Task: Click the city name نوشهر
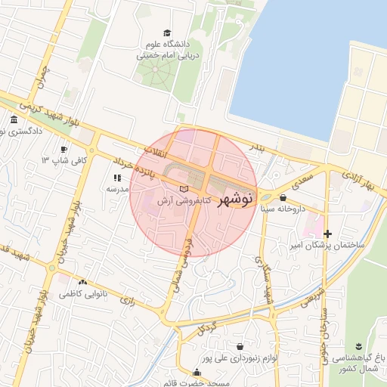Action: (x=234, y=200)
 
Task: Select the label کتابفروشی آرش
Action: (x=183, y=202)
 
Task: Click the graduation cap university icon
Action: (x=167, y=32)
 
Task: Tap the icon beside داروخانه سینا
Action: (x=283, y=197)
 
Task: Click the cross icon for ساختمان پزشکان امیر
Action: (x=327, y=234)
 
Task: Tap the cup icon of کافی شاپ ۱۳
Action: (x=64, y=149)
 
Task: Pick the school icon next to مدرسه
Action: (x=117, y=177)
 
